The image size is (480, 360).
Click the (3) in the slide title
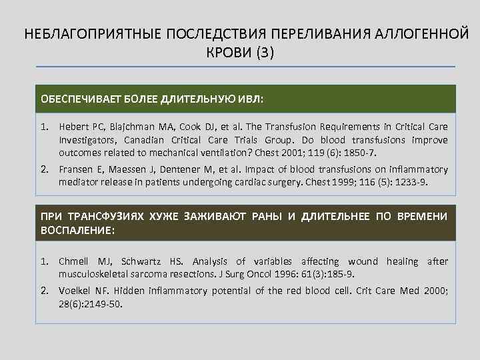coord(263,52)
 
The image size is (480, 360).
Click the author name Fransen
coord(75,169)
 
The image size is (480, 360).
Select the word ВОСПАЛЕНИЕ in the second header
coord(76,230)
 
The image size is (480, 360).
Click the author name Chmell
coord(74,261)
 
